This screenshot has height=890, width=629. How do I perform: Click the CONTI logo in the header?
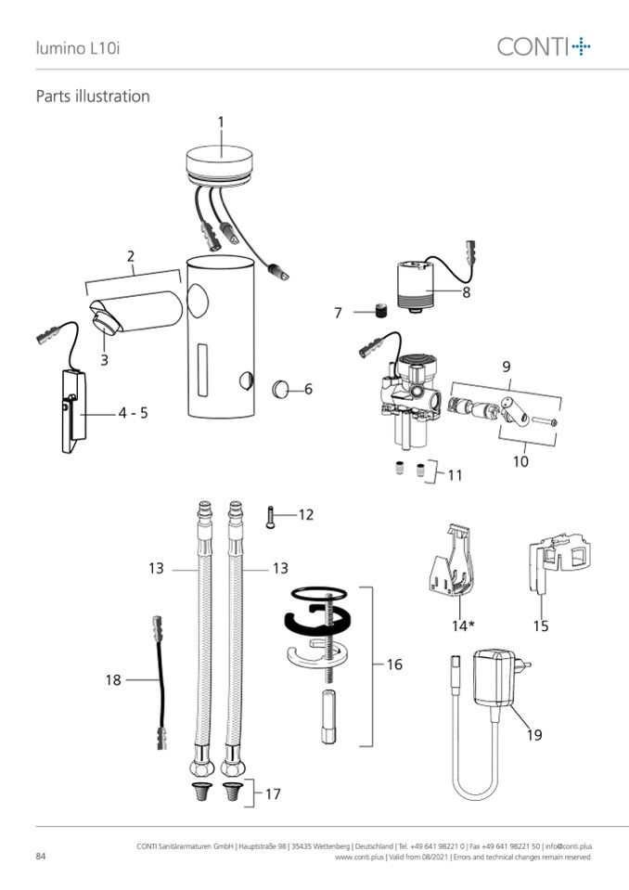(x=544, y=46)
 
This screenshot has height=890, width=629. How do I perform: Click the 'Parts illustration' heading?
(x=93, y=96)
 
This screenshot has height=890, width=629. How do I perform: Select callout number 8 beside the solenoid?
(x=466, y=293)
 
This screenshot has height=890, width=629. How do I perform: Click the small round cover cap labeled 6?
(x=280, y=389)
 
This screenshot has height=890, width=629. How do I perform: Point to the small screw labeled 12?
(x=271, y=517)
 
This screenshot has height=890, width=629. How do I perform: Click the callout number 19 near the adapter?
(x=534, y=734)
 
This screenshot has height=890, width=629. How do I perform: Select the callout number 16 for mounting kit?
(x=394, y=664)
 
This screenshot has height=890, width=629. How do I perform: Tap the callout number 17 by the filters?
(x=273, y=793)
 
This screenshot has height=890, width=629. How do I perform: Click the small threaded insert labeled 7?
(x=380, y=311)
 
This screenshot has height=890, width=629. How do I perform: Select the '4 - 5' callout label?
(x=134, y=413)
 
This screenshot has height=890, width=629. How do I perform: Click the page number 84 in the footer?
(x=41, y=856)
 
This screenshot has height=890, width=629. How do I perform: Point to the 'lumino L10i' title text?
(x=78, y=47)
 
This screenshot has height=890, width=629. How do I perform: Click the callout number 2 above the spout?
(x=131, y=256)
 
